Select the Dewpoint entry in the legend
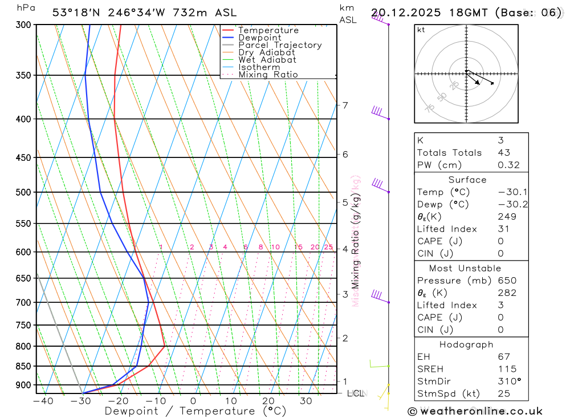tap(259, 38)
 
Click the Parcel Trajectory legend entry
tap(280, 45)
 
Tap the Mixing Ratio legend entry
tap(268, 75)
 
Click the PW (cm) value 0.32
tap(508, 165)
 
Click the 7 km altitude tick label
tap(345, 105)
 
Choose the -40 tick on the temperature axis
tap(43, 401)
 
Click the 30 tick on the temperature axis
tap(306, 401)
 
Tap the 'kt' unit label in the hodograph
tap(421, 30)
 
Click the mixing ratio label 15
tap(298, 247)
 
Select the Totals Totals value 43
tap(504, 153)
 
